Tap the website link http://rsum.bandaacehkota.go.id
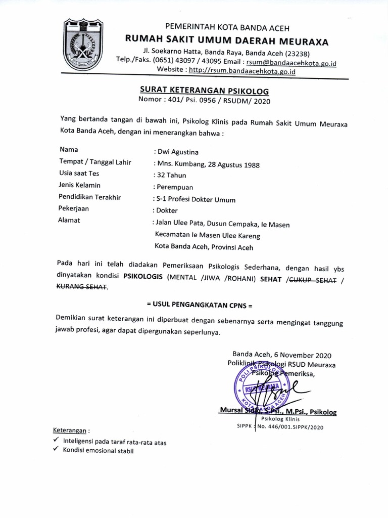pos(248,71)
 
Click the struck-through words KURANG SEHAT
pos(82,287)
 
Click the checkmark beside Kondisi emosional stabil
pos(56,450)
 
